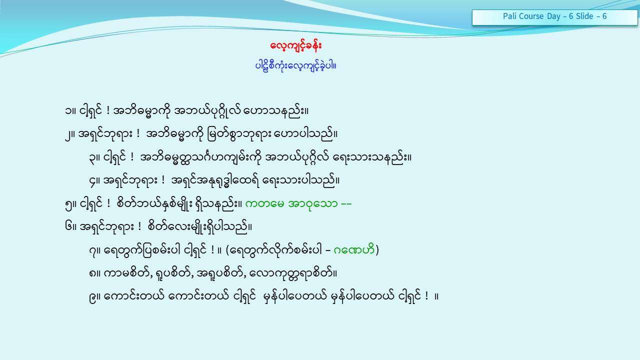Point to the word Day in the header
(553, 16)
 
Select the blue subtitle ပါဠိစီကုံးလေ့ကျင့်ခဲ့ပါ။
(295, 66)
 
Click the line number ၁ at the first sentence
(68, 111)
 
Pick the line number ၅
(68, 204)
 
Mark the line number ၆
(68, 227)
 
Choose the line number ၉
(92, 297)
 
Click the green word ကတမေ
(264, 204)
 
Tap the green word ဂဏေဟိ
(353, 250)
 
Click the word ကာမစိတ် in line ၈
(126, 273)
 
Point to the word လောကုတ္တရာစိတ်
(291, 274)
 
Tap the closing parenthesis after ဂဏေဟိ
(377, 250)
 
